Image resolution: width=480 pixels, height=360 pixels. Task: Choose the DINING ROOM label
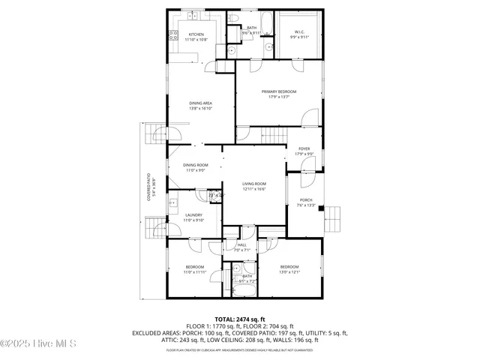(x=195, y=168)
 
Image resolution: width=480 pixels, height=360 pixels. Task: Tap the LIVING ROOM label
(x=254, y=186)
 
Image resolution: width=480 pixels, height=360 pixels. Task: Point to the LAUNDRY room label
(x=193, y=217)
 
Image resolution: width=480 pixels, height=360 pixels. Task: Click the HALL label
(x=241, y=247)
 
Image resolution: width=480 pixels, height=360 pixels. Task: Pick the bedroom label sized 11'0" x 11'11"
(x=195, y=269)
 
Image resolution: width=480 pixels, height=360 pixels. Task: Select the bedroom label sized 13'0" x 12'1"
(x=289, y=269)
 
